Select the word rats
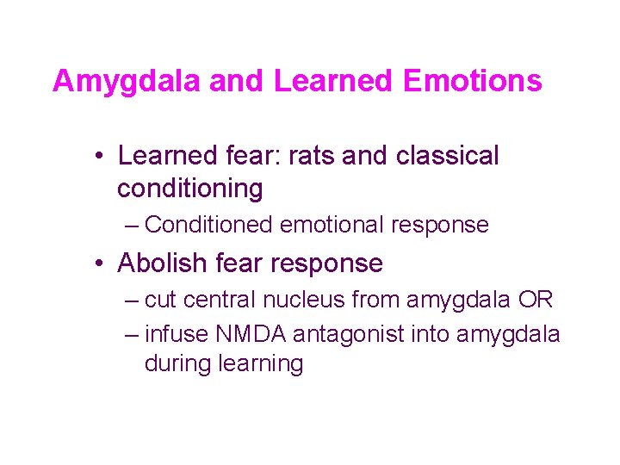click(312, 156)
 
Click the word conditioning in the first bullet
click(190, 187)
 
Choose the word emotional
click(332, 226)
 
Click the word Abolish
click(163, 263)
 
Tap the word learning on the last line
click(261, 363)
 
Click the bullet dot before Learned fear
click(101, 157)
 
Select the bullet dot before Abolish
click(101, 263)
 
